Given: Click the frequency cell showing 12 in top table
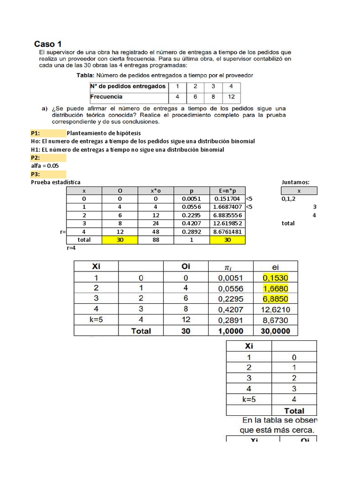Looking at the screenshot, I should pyautogui.click(x=230, y=97).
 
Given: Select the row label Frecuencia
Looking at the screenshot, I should pyautogui.click(x=106, y=97).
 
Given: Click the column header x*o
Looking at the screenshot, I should pyautogui.click(x=156, y=191).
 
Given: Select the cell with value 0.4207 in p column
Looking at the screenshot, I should pyautogui.click(x=192, y=223).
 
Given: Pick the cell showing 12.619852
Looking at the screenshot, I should pyautogui.click(x=227, y=223).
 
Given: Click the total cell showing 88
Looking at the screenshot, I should pyautogui.click(x=156, y=240).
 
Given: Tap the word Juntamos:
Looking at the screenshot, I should pyautogui.click(x=296, y=182).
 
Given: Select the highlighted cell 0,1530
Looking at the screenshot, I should pyautogui.click(x=276, y=277).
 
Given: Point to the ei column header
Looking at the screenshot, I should pyautogui.click(x=276, y=266).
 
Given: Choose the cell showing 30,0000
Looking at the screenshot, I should pyautogui.click(x=276, y=330).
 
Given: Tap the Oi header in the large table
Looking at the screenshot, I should pyautogui.click(x=185, y=266).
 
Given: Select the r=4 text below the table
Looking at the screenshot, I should pyautogui.click(x=72, y=248).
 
